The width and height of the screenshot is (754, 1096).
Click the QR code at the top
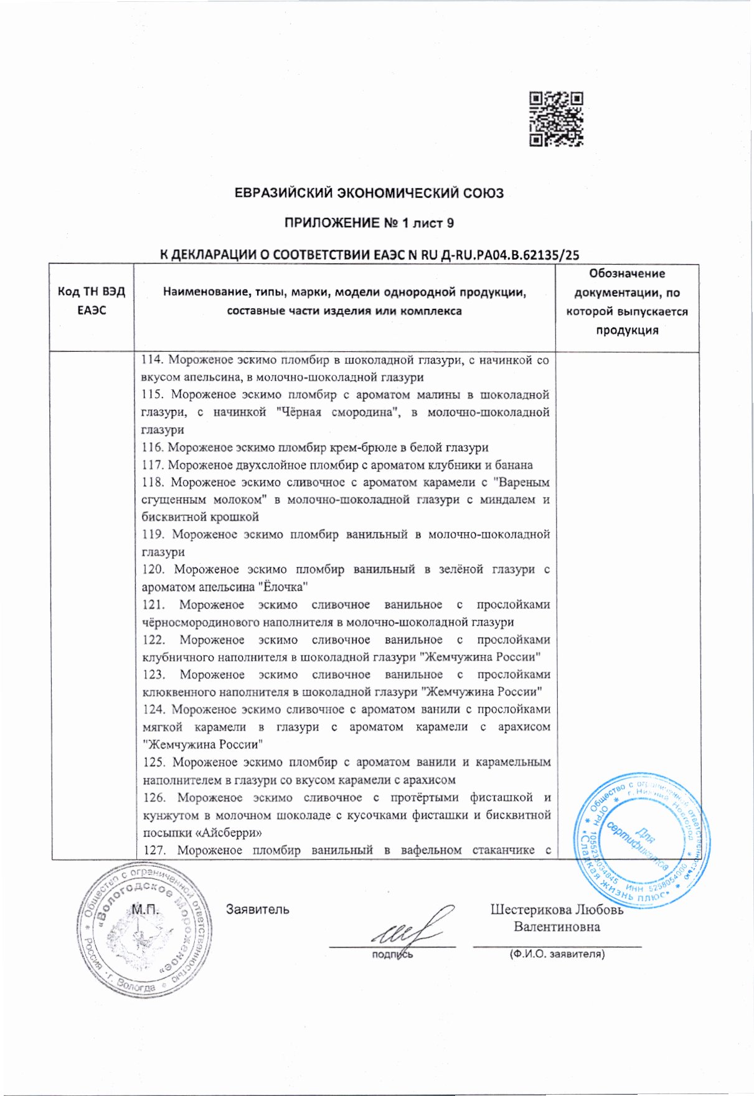pos(556,119)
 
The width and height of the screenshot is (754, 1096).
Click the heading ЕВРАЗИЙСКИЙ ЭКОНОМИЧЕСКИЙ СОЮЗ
pos(369,193)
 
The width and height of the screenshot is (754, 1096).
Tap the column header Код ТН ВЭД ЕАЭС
pos(92,301)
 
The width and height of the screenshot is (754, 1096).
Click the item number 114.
pos(152,360)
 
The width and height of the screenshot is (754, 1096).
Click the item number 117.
pos(153,465)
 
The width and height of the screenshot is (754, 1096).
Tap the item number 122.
pos(153,640)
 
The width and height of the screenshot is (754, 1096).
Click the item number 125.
pos(154,762)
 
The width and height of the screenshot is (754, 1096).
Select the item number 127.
pos(153,850)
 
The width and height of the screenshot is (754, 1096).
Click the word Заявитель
pos(257,910)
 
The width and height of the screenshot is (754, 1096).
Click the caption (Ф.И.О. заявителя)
pos(557,953)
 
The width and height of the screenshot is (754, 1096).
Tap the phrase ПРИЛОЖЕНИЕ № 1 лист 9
pos(369,223)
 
